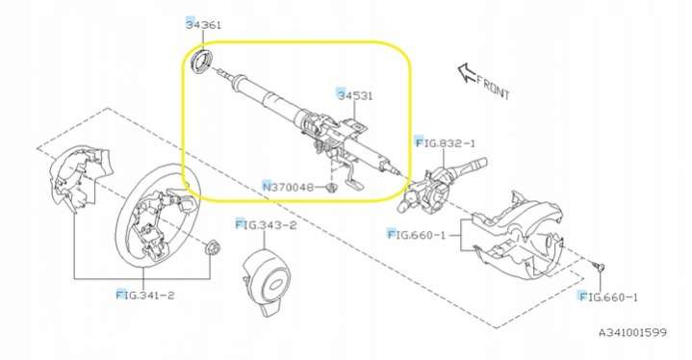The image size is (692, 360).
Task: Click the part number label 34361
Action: click(x=203, y=24)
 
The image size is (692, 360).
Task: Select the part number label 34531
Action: click(x=355, y=95)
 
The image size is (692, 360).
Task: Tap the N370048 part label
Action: click(x=289, y=187)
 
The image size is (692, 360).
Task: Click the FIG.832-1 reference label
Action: click(x=446, y=142)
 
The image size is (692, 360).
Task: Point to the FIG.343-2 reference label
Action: click(x=267, y=225)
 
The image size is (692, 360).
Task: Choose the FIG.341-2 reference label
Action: click(x=145, y=295)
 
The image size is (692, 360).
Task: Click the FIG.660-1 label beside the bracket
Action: click(x=417, y=235)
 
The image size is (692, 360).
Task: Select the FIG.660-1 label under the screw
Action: click(x=608, y=296)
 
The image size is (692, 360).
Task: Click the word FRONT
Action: click(x=493, y=89)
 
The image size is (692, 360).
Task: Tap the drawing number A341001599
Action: click(x=633, y=332)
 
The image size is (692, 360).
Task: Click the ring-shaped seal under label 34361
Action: click(x=202, y=62)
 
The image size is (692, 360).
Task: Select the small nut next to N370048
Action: click(x=330, y=188)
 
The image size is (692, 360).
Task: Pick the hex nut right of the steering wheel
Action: click(x=214, y=248)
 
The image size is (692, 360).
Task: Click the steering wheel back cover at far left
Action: click(x=79, y=177)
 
